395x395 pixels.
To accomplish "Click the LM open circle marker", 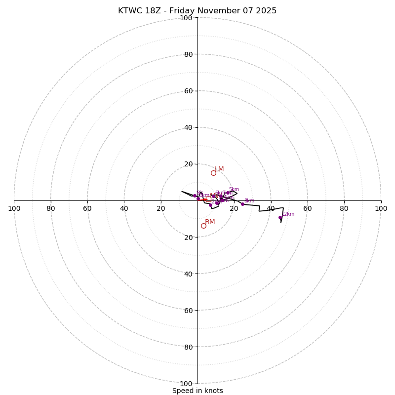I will click(x=213, y=173).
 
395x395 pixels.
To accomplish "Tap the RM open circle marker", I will click(x=203, y=226).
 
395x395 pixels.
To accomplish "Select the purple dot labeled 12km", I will click(x=280, y=217).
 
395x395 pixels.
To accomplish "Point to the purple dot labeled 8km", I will click(x=242, y=204).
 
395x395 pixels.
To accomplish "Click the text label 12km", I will click(x=288, y=214).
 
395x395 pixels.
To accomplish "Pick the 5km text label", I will click(x=234, y=190).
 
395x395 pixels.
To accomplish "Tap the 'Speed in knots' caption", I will click(x=197, y=391).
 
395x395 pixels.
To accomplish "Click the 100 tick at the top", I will click(x=186, y=18).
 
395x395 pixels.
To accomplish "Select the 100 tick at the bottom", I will click(x=186, y=384).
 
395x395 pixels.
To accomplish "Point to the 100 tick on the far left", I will click(x=14, y=208).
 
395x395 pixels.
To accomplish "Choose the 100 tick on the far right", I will click(x=381, y=208).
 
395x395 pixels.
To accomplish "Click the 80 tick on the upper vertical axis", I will click(x=188, y=54).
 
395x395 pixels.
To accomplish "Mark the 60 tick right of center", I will click(x=307, y=208).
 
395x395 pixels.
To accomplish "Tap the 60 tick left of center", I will click(x=87, y=208).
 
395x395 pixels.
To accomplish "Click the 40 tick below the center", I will click(x=188, y=274).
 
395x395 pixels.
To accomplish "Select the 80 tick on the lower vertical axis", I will click(x=188, y=347).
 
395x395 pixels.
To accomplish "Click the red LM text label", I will click(x=219, y=169).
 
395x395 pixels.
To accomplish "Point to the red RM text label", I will click(x=210, y=222).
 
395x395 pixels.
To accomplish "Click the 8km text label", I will click(x=249, y=201).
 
